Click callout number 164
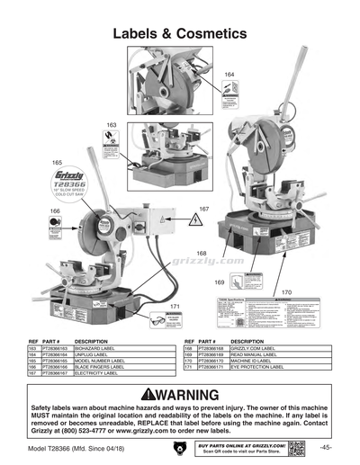click(229, 74)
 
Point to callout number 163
click(112, 125)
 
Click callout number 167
click(203, 210)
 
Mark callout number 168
click(201, 254)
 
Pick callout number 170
click(286, 293)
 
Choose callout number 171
click(175, 308)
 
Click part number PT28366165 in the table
click(57, 360)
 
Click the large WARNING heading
click(180, 396)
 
